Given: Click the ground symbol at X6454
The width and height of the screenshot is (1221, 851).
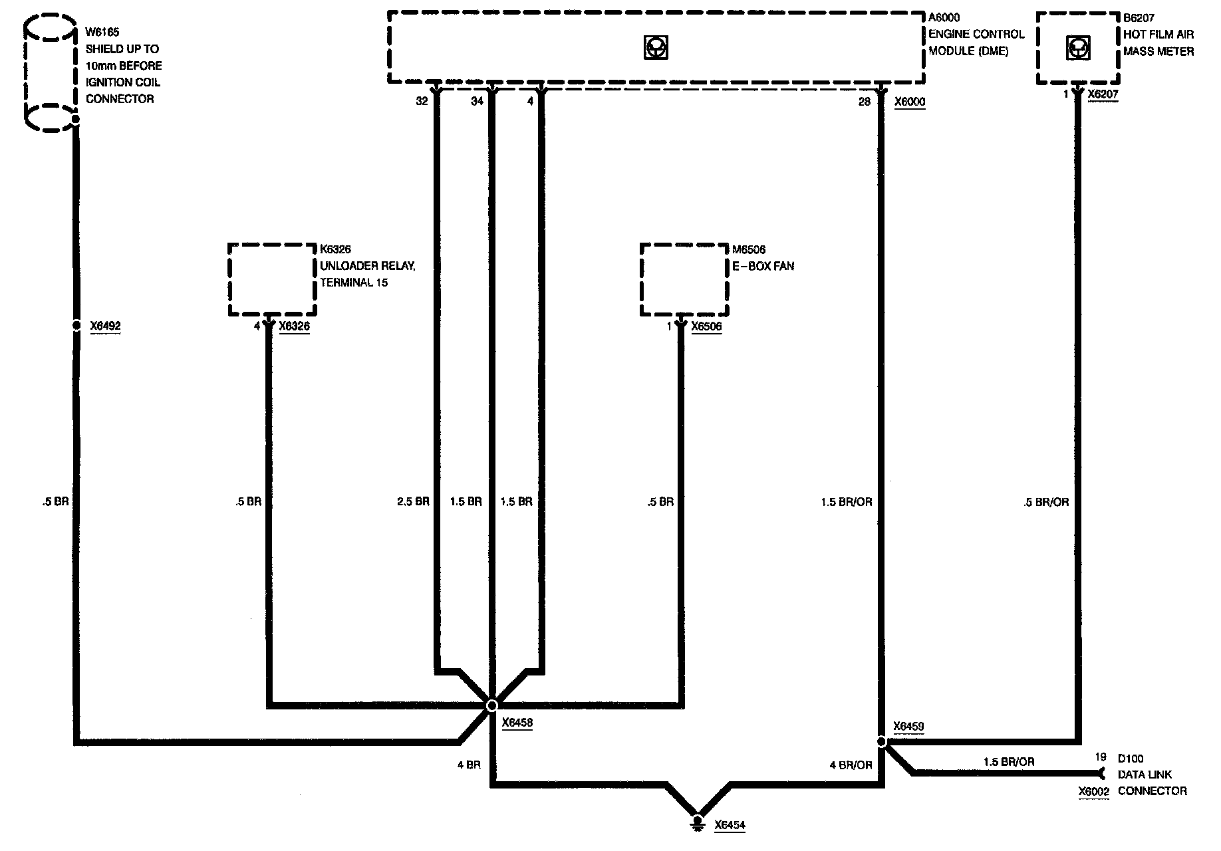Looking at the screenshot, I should pos(698,822).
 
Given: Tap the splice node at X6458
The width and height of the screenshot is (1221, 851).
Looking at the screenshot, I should pos(492,705).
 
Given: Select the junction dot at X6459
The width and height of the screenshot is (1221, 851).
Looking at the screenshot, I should pos(881,741).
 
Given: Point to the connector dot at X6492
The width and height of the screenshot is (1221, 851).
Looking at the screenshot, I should pos(76,326).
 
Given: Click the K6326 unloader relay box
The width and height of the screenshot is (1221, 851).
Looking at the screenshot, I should pos(271,279).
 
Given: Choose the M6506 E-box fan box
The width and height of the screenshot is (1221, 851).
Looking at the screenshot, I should pos(684,279).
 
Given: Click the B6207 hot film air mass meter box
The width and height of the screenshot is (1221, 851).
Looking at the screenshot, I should pos(1077,48).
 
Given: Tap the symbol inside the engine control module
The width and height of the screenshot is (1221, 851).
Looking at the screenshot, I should pos(656,47).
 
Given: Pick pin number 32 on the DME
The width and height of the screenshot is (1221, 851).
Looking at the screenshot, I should pos(422,101).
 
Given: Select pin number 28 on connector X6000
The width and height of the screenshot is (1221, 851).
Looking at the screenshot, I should pos(864,102).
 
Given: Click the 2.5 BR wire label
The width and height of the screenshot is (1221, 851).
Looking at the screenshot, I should pos(413,501).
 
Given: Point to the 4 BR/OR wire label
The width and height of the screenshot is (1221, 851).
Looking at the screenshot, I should pos(851,765).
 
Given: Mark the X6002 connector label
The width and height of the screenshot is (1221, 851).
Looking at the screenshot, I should pos(1093,791).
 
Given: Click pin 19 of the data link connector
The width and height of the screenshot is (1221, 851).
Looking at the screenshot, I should pos(1101,757).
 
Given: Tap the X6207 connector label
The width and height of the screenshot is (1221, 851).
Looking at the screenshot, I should pos(1103,94).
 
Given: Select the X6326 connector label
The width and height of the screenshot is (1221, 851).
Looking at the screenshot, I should pos(294,326).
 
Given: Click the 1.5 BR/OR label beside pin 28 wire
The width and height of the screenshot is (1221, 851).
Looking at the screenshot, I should pos(846,502).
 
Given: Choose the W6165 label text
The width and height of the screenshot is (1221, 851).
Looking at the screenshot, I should pos(102,32).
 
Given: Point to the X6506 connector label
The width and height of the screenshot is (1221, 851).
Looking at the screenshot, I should pos(706,326).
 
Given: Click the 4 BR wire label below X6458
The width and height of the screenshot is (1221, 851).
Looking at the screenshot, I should pos(468,765).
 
